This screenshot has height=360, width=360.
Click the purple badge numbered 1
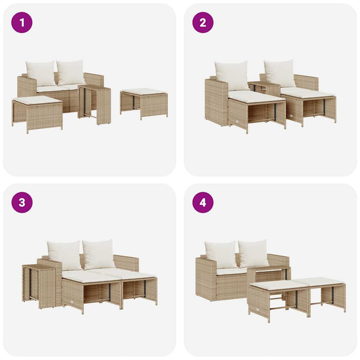coord(22,22)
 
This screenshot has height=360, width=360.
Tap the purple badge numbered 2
coord(203,22)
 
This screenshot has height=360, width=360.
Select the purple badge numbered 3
coord(22,202)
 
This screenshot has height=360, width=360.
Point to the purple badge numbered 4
coord(203,202)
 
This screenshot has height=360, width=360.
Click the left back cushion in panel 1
coord(41,73)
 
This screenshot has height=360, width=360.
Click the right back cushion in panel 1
coord(71,72)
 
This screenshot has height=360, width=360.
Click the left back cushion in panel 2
coord(231,75)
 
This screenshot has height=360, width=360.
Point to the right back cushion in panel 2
coord(280,73)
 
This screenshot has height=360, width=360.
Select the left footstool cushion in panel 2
coord(256,96)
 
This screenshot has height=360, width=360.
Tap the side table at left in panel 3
coord(39,285)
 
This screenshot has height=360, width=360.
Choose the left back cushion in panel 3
coord(64,255)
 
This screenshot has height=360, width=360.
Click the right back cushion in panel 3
coord(99,254)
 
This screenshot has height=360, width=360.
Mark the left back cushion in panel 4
coord(221,254)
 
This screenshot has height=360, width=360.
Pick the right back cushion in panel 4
coord(254,253)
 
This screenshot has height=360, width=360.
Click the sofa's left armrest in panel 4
coord(206,278)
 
